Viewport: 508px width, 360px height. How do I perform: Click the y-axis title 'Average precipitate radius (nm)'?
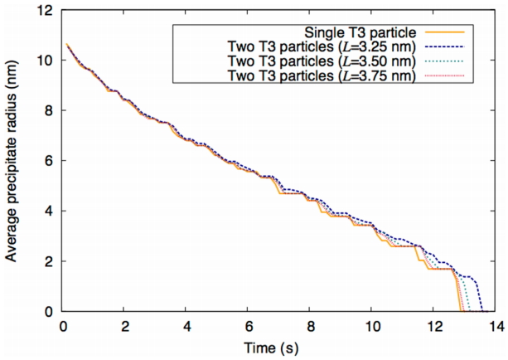coord(12,162)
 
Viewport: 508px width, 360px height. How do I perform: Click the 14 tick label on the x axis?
coord(494,326)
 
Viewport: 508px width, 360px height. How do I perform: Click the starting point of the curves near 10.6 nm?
coord(66,44)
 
